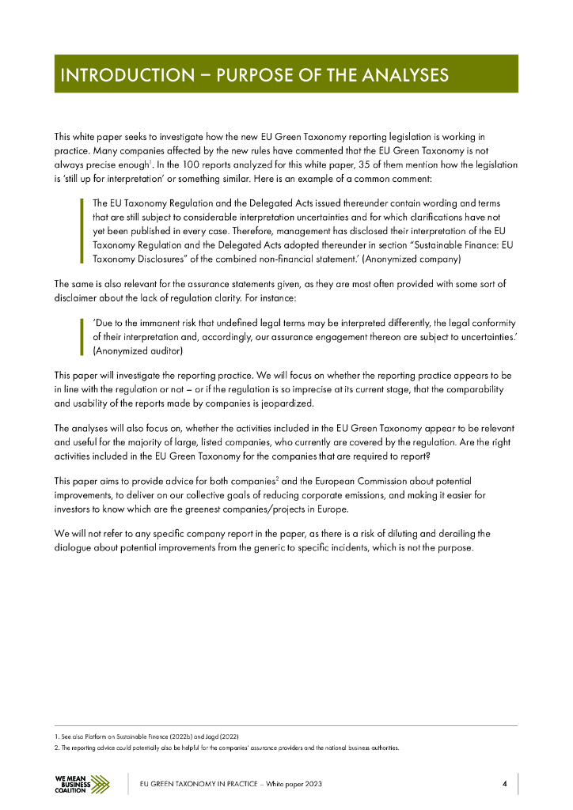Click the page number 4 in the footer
tap(504, 784)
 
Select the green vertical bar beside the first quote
tap(82, 230)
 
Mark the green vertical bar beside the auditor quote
tap(82, 336)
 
